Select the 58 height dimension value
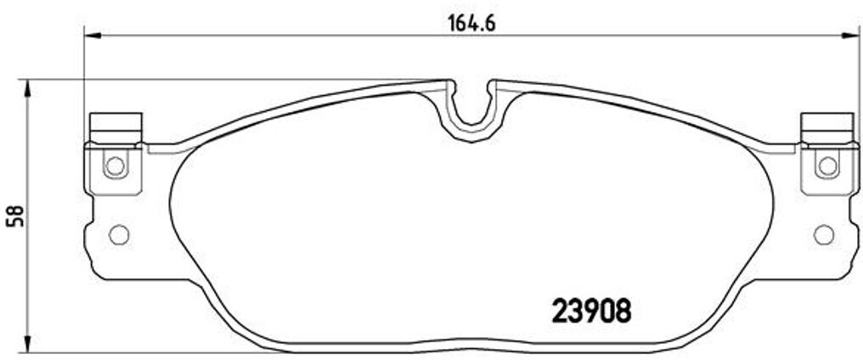click(13, 217)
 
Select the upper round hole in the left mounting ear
click(114, 166)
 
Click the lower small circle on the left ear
click(119, 233)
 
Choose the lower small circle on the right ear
click(822, 233)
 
